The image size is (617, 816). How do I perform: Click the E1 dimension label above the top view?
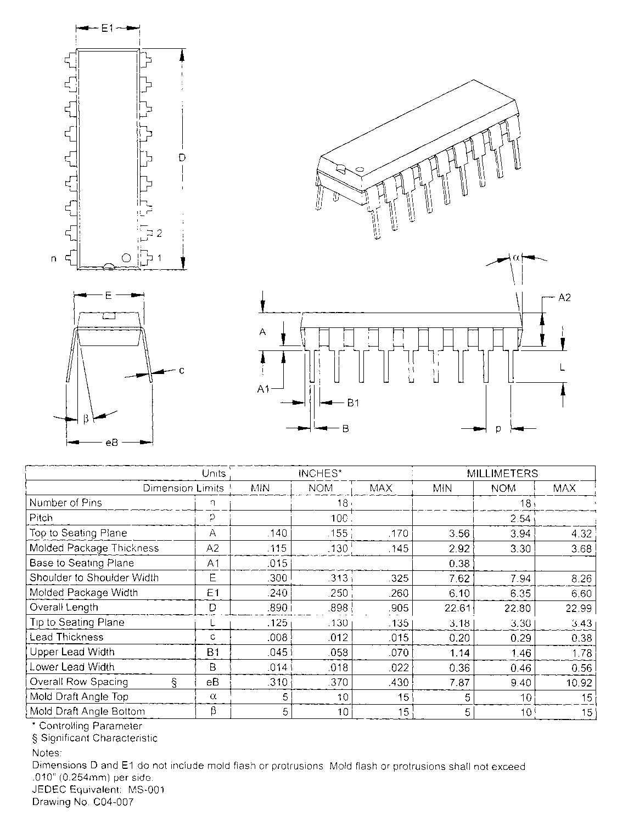(x=107, y=27)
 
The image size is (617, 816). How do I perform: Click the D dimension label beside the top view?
(x=182, y=158)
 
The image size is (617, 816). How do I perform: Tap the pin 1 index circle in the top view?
(x=126, y=258)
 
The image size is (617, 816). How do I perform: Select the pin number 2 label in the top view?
(x=159, y=234)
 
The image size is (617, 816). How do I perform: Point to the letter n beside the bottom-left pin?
(x=54, y=258)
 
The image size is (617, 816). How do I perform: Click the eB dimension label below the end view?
(x=111, y=442)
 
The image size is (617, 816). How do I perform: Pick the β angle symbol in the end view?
(x=86, y=419)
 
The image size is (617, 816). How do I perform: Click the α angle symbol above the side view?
(x=517, y=257)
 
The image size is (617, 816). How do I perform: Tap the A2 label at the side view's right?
(x=565, y=297)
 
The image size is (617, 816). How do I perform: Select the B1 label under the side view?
(x=353, y=403)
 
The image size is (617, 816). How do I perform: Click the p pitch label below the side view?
(x=498, y=428)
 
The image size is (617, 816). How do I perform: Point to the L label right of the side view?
(x=562, y=368)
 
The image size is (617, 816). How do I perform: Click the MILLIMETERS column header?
(x=502, y=473)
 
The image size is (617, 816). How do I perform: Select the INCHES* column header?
(x=321, y=473)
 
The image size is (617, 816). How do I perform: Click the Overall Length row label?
(x=64, y=608)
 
